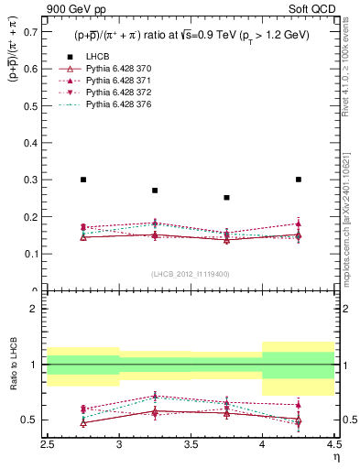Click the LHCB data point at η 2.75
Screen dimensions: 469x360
[83, 180]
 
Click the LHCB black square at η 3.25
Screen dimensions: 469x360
[155, 191]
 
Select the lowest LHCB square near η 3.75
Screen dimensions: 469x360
[226, 198]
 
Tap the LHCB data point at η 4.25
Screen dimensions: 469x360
[299, 180]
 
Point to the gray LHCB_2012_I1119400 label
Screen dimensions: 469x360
[191, 274]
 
